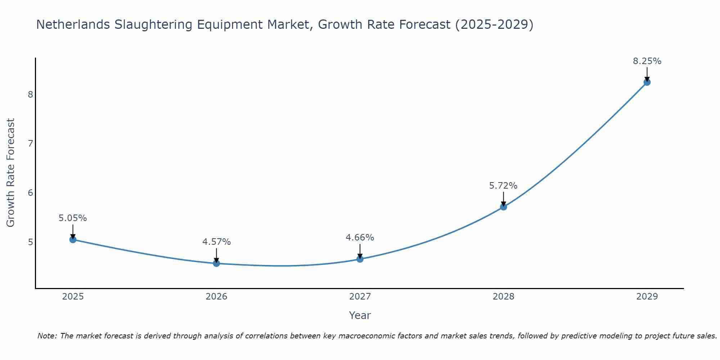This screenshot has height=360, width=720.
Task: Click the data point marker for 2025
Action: (x=73, y=239)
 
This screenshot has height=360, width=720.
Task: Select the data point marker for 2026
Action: (x=216, y=263)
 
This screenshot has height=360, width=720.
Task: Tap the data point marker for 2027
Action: (x=360, y=259)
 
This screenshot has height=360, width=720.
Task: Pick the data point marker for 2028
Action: (x=503, y=207)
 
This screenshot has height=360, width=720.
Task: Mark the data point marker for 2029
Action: (x=647, y=82)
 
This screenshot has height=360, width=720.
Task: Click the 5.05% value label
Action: (x=73, y=218)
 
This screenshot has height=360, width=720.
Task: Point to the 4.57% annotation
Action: (x=216, y=242)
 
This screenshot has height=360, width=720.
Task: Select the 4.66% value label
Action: (x=360, y=238)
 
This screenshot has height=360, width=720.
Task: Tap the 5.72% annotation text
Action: (x=503, y=186)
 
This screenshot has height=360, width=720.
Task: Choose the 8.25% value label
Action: (x=647, y=61)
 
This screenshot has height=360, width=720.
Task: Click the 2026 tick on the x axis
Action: (x=216, y=297)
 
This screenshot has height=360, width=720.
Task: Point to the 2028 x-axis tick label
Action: (x=503, y=297)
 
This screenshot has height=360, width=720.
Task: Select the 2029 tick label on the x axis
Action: (x=647, y=297)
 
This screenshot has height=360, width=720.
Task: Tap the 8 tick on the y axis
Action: (x=30, y=95)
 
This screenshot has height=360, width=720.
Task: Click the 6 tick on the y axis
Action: (x=30, y=193)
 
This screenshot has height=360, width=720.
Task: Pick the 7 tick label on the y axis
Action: (x=30, y=144)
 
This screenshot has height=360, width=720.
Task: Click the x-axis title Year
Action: (x=360, y=315)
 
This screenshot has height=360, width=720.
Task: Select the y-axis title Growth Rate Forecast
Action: (x=11, y=173)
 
